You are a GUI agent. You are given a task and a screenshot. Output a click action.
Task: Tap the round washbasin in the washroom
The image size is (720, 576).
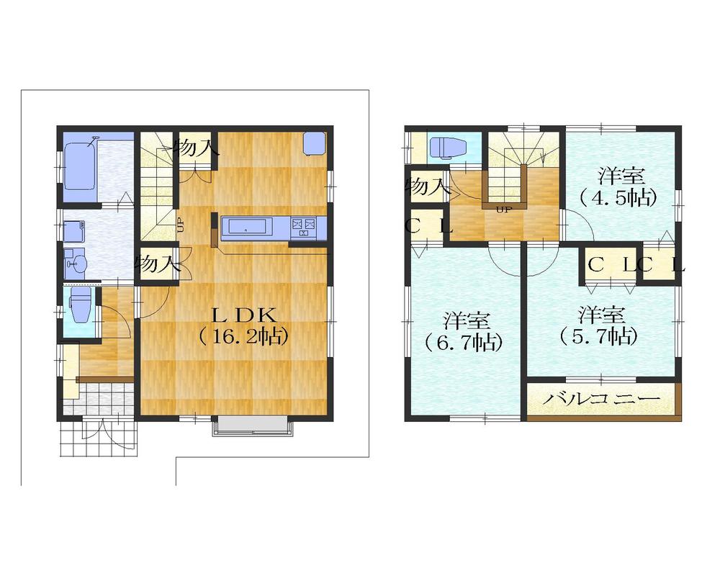[x=75, y=264]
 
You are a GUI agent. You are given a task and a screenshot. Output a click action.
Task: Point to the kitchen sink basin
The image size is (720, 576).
[x=247, y=228]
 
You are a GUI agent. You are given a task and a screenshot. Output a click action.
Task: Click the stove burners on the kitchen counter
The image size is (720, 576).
[x=303, y=228]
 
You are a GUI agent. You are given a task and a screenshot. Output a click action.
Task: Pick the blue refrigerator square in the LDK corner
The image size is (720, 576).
[x=314, y=143]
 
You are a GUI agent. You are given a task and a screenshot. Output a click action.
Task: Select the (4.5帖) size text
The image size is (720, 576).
[x=621, y=197]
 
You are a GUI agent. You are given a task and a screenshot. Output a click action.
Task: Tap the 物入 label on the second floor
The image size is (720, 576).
[x=426, y=186]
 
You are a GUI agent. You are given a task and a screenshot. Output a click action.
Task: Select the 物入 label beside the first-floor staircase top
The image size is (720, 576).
[x=196, y=148]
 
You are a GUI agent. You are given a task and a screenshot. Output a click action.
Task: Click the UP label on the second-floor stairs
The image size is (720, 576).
[x=504, y=210]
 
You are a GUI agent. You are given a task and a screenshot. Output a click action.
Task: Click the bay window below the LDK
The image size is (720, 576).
[x=253, y=427]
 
